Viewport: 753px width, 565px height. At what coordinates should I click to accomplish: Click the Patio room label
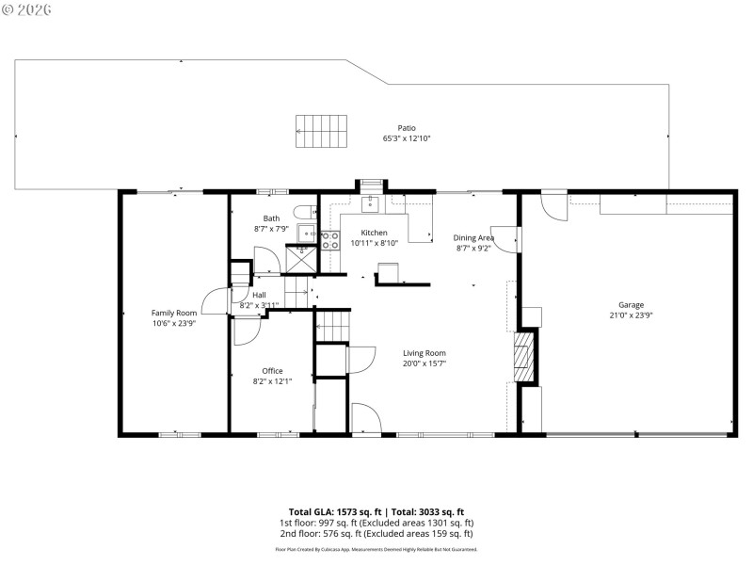(x=406, y=128)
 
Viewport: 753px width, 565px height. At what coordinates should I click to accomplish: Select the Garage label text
(x=631, y=305)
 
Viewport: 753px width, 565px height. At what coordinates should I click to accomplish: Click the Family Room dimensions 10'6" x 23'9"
(x=174, y=323)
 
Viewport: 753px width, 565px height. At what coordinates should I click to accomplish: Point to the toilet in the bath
(x=304, y=212)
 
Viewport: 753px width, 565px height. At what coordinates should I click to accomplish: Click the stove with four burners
(x=329, y=240)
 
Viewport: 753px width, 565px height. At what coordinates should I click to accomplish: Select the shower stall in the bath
(x=302, y=252)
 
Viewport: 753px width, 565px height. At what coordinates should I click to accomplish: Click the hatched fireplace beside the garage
(x=525, y=356)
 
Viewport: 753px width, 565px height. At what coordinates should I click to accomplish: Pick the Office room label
(x=272, y=371)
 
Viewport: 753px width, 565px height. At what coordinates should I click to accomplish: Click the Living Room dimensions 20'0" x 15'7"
(x=424, y=363)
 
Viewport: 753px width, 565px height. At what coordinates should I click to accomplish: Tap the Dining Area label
(x=473, y=238)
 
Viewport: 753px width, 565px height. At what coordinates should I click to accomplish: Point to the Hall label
(x=259, y=295)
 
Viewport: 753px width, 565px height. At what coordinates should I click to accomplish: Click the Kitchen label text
(x=375, y=233)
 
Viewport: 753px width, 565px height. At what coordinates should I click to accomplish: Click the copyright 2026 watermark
(x=27, y=8)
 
